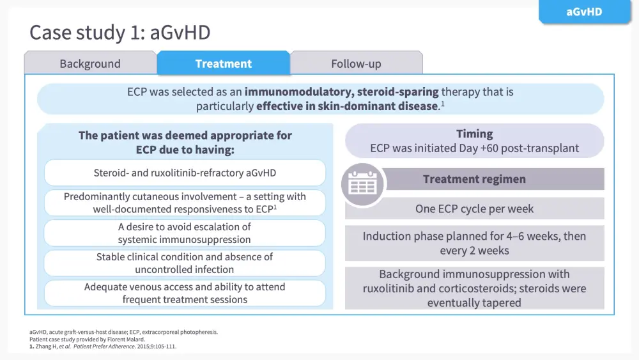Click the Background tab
(90, 63)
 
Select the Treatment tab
(223, 63)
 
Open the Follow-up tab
(356, 63)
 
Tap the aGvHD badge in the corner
(584, 12)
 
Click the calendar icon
(362, 185)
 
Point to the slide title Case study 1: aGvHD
(120, 32)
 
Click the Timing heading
(474, 134)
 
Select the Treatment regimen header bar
(495, 179)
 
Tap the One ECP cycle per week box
(474, 208)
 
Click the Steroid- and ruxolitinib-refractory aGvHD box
(185, 173)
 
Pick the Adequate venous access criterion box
(185, 293)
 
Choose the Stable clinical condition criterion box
(185, 263)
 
